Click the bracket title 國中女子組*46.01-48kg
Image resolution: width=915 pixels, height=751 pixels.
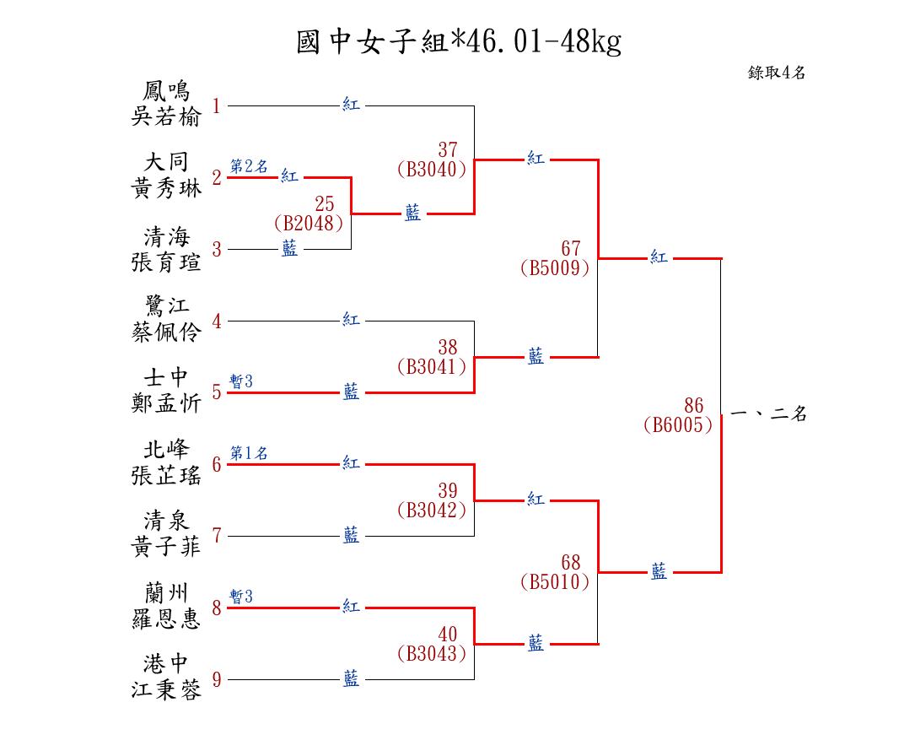click(459, 41)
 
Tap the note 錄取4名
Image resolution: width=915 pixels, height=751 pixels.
click(777, 73)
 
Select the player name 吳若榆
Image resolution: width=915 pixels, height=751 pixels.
click(166, 117)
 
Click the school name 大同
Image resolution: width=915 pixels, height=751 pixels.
click(166, 162)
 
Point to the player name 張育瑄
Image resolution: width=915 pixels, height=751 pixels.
click(166, 261)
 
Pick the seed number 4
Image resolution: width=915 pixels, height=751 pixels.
click(217, 321)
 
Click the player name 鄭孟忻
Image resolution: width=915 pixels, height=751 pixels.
click(166, 404)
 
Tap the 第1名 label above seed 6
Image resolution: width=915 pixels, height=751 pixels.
click(249, 454)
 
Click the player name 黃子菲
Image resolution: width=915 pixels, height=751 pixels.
click(166, 548)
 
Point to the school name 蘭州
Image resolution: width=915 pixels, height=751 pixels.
click(166, 592)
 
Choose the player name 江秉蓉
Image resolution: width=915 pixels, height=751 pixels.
click(166, 691)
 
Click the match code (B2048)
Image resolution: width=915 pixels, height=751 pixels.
click(309, 223)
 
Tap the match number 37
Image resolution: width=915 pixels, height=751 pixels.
click(448, 151)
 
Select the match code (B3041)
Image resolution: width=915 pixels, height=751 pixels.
click(432, 367)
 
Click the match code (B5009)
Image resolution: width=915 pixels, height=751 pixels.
click(555, 268)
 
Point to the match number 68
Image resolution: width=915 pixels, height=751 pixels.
click(571, 562)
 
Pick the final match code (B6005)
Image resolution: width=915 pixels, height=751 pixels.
click(678, 425)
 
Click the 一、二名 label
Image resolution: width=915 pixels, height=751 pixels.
click(768, 414)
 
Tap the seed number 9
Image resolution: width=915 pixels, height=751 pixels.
click(217, 680)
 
